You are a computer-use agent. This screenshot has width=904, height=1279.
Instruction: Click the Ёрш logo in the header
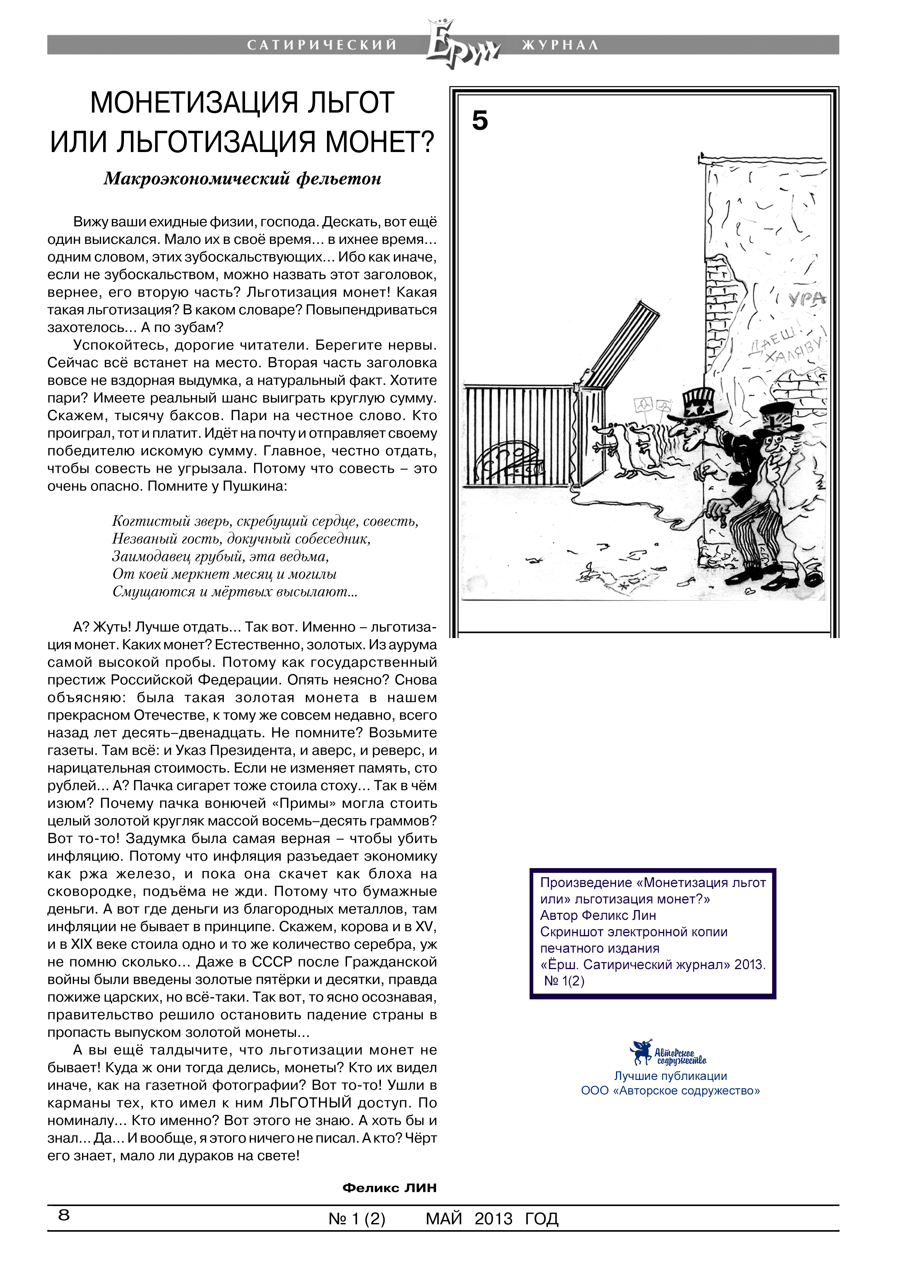(460, 44)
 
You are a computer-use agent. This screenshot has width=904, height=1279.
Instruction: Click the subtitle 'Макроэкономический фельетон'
(242, 179)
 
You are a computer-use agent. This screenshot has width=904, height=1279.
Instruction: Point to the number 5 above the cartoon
(480, 121)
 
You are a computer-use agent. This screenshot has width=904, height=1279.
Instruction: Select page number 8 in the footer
(64, 1215)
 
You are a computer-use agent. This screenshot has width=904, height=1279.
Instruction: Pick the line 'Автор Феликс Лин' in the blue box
(598, 915)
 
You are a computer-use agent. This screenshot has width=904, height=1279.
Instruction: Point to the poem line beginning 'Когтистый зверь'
(265, 521)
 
